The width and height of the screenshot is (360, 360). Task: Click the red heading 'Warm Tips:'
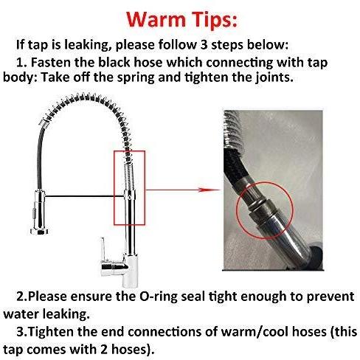[x=182, y=20]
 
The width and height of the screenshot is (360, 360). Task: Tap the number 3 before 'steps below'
[x=204, y=45]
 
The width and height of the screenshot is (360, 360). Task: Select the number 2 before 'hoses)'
[x=104, y=350]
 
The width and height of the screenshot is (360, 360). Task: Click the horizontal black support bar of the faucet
[x=84, y=196]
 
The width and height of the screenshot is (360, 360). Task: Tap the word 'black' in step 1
[x=114, y=63]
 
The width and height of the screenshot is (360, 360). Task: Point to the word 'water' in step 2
[x=21, y=314]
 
